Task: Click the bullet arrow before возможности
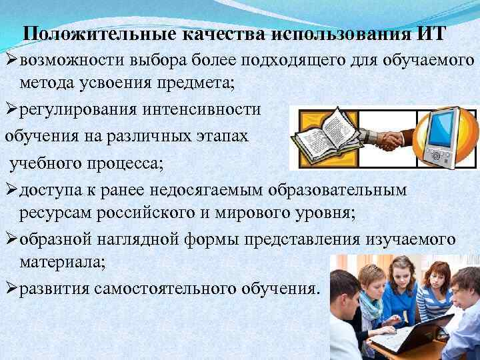tap(11, 61)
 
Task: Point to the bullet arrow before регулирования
tap(11, 109)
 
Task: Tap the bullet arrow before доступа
tap(11, 191)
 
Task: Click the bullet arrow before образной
tap(11, 239)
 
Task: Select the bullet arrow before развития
tap(11, 289)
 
